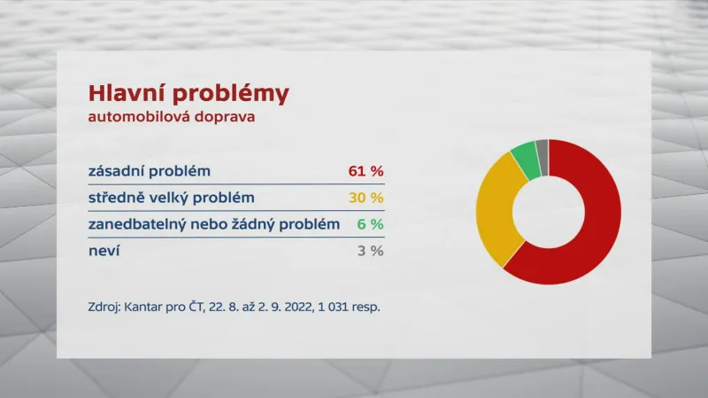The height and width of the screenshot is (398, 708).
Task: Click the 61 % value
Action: [x=366, y=170]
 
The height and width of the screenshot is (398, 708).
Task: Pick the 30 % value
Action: [x=366, y=197]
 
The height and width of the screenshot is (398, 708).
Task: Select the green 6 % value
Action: [x=370, y=224]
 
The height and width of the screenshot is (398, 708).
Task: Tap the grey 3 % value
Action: [x=370, y=251]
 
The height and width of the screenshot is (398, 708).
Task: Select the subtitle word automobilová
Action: [x=142, y=118]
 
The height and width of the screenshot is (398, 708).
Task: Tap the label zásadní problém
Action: [x=150, y=170]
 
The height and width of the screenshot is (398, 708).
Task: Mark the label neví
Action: [x=104, y=251]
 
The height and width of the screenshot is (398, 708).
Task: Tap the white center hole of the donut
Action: [x=549, y=212]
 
